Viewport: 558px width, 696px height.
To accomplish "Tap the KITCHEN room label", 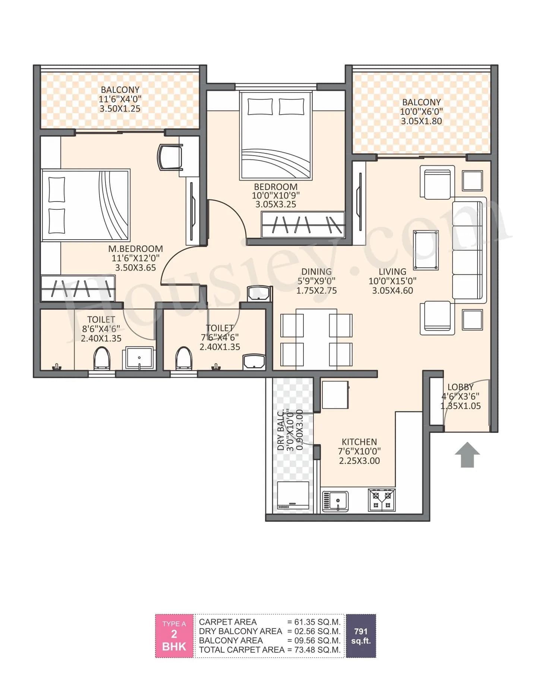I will tap(359, 442).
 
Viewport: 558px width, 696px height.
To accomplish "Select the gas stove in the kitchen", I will tap(382, 500).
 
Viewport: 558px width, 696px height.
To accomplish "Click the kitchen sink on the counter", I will tap(335, 501).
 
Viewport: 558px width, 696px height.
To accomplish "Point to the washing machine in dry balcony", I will tap(293, 496).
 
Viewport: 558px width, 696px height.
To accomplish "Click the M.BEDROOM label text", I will tap(135, 249).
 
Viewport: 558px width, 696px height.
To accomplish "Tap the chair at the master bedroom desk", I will tap(170, 157).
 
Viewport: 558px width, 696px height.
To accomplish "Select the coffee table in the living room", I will tap(426, 250).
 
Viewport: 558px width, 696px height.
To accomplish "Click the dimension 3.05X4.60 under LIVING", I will tap(393, 291).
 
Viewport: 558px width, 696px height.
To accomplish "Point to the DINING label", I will tap(316, 272).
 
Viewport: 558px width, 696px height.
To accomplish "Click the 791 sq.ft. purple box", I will tap(361, 636).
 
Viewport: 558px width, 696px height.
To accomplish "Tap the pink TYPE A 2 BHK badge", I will tap(174, 636).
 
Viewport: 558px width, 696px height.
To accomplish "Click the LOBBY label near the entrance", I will tap(460, 387).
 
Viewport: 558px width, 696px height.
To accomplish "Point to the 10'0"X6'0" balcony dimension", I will tap(421, 112).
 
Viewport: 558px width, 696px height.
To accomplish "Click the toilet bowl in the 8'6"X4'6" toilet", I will tap(101, 358).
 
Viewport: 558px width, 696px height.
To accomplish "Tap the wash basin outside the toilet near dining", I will tap(259, 293).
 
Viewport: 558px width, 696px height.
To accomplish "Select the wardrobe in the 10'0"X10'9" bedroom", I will tap(303, 225).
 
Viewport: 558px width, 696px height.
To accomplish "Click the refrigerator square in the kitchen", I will tap(335, 395).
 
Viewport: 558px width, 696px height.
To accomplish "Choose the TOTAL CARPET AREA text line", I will tap(242, 650).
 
